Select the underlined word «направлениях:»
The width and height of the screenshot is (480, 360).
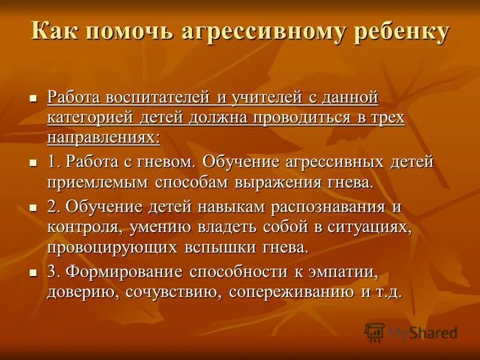pos(103,138)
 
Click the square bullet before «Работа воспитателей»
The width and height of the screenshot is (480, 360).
pos(34,97)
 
